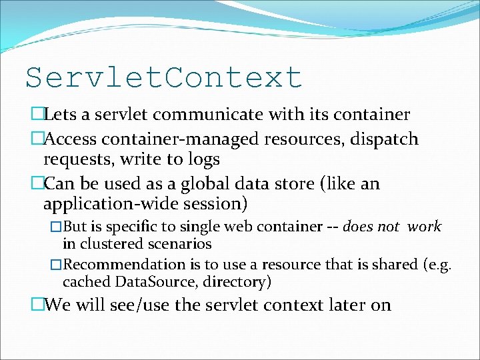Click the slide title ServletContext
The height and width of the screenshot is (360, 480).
[164, 77]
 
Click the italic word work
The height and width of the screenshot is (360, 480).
[424, 227]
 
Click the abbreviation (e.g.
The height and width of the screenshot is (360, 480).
[437, 265]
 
